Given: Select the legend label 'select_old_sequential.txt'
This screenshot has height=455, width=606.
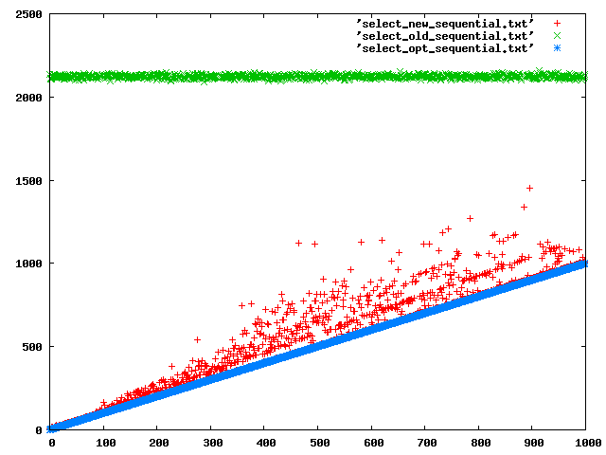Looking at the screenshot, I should (445, 34).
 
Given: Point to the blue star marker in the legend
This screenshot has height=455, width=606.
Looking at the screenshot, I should (558, 47).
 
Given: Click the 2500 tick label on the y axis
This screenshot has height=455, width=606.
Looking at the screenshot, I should (27, 15).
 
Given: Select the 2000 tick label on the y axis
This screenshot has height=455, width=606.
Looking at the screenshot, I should (27, 98).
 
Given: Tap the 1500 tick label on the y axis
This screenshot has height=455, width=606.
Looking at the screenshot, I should (27, 181).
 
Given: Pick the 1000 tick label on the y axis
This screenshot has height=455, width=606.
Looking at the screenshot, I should (27, 264).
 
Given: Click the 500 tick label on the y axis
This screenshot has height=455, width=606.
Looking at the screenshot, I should (31, 347).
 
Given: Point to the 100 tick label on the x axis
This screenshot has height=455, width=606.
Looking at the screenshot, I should (105, 443).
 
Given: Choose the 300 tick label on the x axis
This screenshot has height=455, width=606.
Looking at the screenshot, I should (212, 443).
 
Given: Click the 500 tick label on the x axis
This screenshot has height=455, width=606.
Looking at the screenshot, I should (319, 443).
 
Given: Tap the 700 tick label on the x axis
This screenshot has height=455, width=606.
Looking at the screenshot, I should (426, 443).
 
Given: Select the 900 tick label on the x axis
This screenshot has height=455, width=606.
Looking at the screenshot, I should (533, 443).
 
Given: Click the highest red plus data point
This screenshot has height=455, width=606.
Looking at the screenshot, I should (529, 188).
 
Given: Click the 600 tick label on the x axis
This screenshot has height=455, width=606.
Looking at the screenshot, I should (373, 443).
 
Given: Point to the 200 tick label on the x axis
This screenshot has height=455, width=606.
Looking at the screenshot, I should (158, 443).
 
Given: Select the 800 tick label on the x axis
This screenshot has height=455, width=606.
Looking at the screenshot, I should (480, 443).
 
